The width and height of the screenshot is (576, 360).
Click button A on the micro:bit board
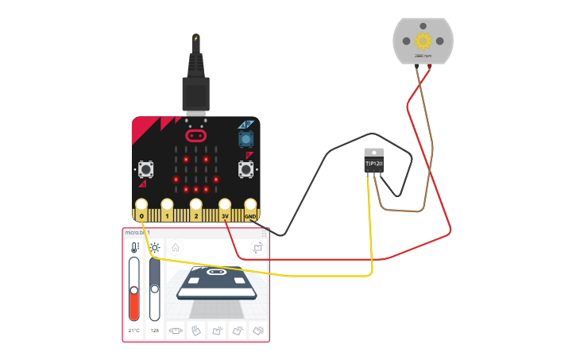click(x=145, y=168)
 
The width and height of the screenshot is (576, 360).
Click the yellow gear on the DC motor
click(x=422, y=40)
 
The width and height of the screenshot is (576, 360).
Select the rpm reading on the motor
click(x=423, y=56)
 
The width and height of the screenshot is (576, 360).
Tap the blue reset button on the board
click(x=245, y=139)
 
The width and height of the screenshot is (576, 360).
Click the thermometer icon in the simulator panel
click(x=134, y=248)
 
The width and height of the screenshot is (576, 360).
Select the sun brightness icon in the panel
click(x=155, y=248)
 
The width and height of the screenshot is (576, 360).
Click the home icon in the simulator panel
click(x=176, y=248)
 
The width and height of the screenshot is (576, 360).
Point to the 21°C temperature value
click(x=134, y=330)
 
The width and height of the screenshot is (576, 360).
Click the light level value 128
click(x=155, y=330)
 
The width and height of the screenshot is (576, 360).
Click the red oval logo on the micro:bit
click(x=195, y=135)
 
